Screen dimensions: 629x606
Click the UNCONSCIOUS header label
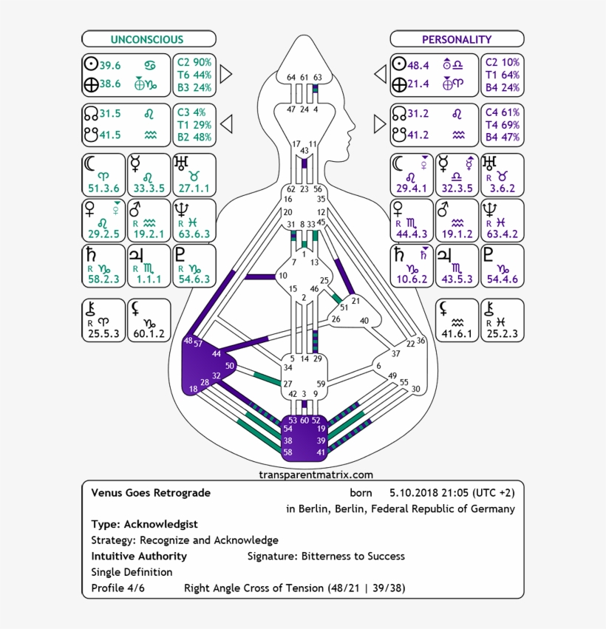pos(147,39)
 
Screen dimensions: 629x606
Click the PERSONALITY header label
pos(456,39)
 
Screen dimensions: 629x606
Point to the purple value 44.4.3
pos(412,234)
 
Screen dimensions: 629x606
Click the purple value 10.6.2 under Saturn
pos(412,279)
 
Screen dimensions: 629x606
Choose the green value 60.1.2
pos(149,333)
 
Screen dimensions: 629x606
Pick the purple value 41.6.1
pos(457,333)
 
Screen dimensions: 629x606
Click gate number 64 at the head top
pos(291,77)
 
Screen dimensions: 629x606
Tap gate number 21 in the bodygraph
pos(355,300)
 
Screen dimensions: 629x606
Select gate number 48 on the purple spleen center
pos(188,341)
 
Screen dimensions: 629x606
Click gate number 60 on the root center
pos(304,420)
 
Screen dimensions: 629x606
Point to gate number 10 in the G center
pos(283,276)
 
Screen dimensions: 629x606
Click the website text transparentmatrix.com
pos(316,475)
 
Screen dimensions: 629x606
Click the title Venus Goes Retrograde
pos(151,492)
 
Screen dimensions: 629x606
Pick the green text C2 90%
pos(194,62)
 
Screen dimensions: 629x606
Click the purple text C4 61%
pos(502,112)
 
